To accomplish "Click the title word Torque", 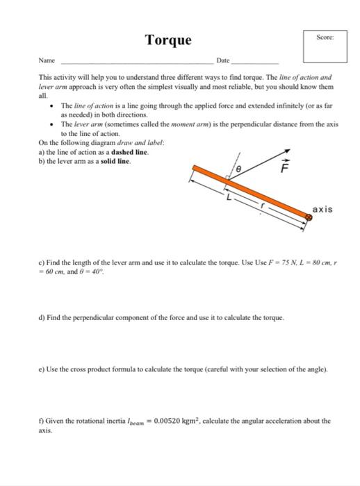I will (167, 40).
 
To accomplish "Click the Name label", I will (46, 62).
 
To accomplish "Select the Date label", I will (222, 62).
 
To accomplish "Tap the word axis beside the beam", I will (322, 209).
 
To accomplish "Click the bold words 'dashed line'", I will (130, 151).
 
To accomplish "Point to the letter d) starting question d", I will (42, 317).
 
